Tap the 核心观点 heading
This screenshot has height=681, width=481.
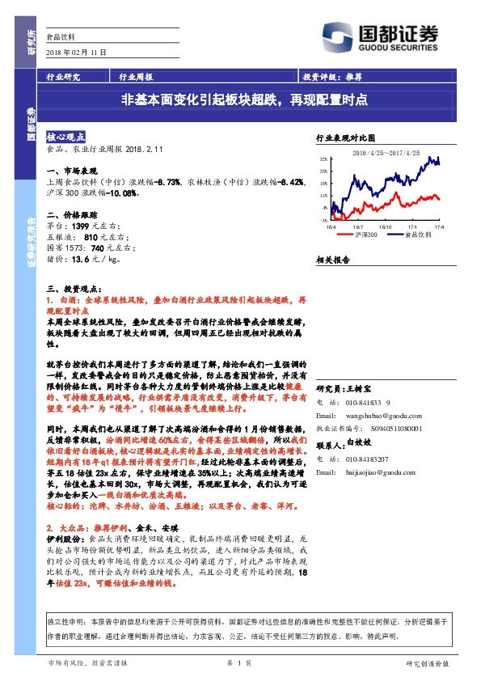[x=65, y=137]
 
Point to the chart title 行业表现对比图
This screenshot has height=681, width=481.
[x=346, y=139]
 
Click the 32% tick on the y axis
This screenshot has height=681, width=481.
[x=323, y=159]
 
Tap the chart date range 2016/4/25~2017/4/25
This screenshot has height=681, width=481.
[x=382, y=152]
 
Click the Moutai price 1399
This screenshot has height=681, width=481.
[x=83, y=226]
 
